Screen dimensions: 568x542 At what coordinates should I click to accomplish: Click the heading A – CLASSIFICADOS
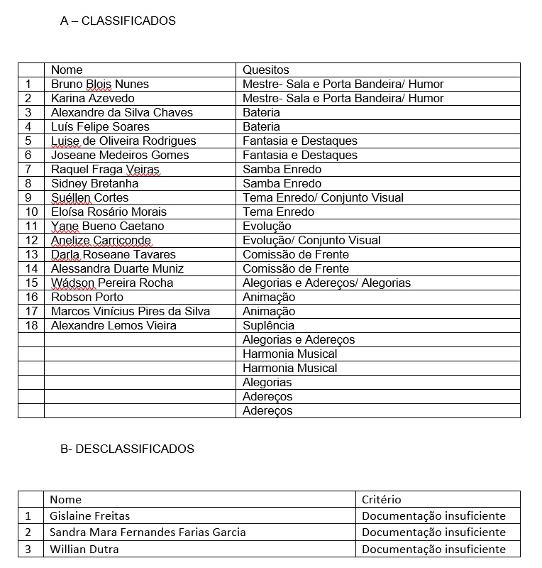tap(118, 21)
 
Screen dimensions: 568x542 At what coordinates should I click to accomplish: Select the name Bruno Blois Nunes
tap(100, 84)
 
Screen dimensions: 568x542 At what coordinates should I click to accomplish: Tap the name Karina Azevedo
tap(92, 98)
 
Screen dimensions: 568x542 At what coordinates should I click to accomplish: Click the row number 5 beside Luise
tap(28, 141)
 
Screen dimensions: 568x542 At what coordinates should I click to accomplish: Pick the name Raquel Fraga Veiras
tap(106, 169)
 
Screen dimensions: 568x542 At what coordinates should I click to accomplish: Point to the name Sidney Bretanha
tap(95, 183)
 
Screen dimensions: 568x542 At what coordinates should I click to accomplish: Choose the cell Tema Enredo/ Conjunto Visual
tap(323, 197)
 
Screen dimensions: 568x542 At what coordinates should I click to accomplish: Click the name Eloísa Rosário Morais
tap(109, 212)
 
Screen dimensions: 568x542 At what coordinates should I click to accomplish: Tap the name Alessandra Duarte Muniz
tap(117, 268)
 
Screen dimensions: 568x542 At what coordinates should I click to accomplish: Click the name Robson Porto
tap(87, 297)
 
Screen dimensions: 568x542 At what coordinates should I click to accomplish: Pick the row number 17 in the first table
tap(31, 311)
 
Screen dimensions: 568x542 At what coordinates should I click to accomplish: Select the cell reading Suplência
tap(268, 325)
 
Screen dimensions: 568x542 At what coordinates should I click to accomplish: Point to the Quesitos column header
tap(266, 70)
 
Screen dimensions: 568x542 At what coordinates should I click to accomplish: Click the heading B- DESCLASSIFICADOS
tap(127, 449)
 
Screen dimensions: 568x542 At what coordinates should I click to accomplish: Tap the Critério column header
tap(381, 500)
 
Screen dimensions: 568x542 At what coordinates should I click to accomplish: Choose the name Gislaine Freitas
tap(89, 516)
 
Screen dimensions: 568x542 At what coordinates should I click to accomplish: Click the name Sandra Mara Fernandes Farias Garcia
tap(148, 532)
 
